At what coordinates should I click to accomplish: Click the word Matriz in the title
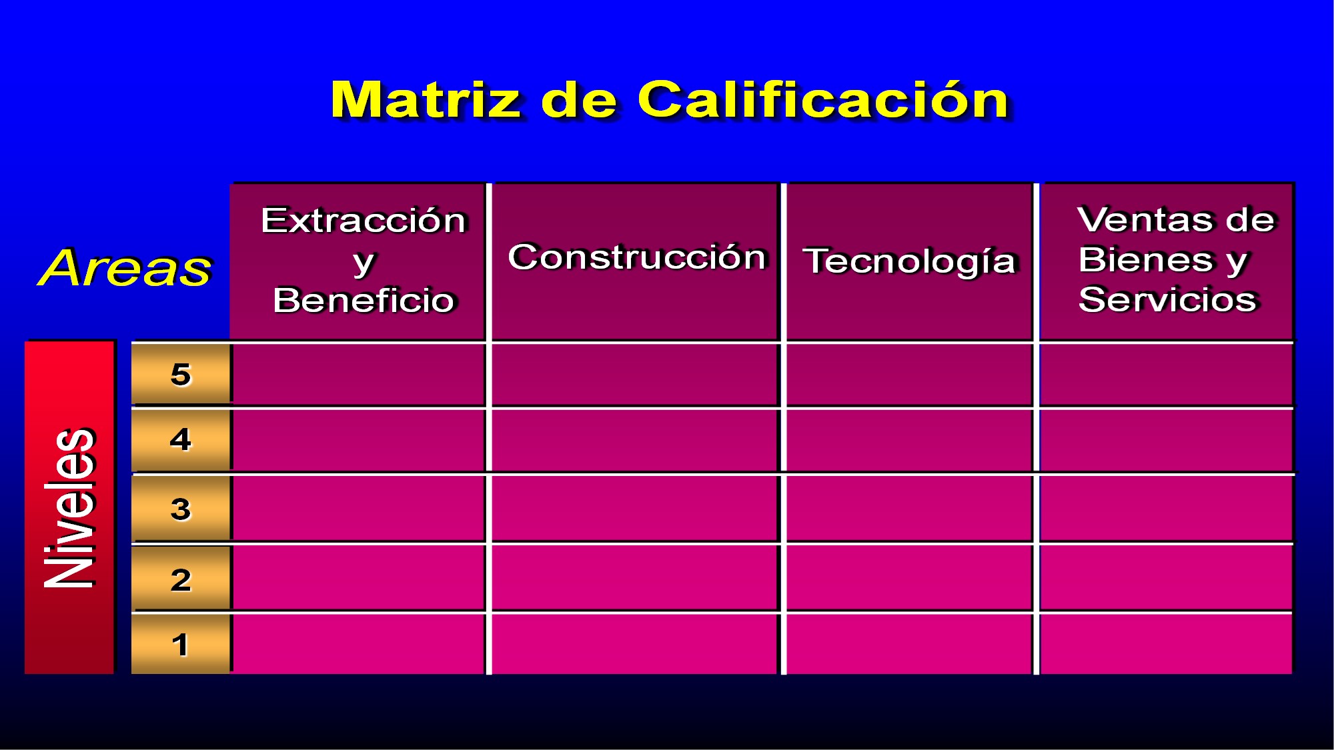[x=426, y=100]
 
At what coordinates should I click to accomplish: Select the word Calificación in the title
[x=823, y=99]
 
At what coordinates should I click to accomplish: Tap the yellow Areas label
[x=125, y=267]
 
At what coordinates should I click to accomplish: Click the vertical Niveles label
[x=69, y=507]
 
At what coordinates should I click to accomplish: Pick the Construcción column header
[x=637, y=257]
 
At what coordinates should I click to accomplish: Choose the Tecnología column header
[x=909, y=261]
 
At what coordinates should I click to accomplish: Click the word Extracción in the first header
[x=364, y=220]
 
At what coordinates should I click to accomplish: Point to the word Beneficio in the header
[x=364, y=300]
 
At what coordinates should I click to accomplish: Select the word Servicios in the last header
[x=1167, y=299]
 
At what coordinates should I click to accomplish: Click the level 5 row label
[x=181, y=375]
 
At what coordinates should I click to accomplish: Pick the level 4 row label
[x=181, y=440]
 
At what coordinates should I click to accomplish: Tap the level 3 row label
[x=181, y=509]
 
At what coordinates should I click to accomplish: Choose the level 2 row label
[x=181, y=579]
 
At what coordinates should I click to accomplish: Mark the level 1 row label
[x=181, y=645]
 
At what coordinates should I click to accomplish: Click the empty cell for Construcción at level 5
[x=635, y=375]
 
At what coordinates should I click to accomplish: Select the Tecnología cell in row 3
[x=910, y=509]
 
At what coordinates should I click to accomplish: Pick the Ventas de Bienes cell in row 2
[x=1166, y=578]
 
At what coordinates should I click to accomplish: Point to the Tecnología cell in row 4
[x=910, y=440]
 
